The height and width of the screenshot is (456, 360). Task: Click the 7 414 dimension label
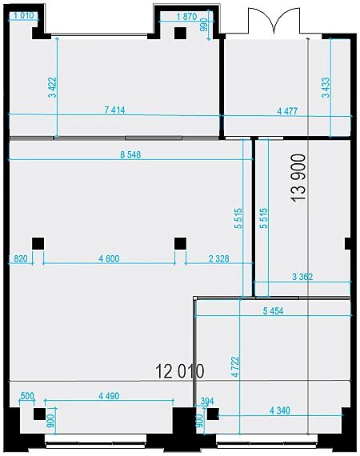pyautogui.click(x=114, y=110)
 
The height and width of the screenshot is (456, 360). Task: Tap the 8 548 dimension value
pyautogui.click(x=130, y=154)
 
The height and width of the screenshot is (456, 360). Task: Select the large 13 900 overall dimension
pyautogui.click(x=298, y=178)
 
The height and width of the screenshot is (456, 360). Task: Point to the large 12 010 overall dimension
pyautogui.click(x=180, y=371)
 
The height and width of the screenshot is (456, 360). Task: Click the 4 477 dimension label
pyautogui.click(x=287, y=111)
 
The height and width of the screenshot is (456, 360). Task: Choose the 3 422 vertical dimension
pyautogui.click(x=52, y=87)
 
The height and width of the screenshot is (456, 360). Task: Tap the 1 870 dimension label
pyautogui.click(x=186, y=17)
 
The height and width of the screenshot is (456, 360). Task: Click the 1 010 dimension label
pyautogui.click(x=23, y=15)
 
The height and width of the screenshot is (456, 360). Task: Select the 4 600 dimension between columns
pyautogui.click(x=109, y=258)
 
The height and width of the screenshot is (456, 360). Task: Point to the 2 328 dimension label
pyautogui.click(x=218, y=258)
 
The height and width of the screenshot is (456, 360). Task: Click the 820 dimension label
pyautogui.click(x=20, y=258)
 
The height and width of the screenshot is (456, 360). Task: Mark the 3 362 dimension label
pyautogui.click(x=302, y=277)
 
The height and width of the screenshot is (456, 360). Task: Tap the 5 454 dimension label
pyautogui.click(x=273, y=311)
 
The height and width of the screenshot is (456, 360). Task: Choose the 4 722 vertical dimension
pyautogui.click(x=235, y=367)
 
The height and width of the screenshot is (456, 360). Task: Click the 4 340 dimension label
pyautogui.click(x=280, y=410)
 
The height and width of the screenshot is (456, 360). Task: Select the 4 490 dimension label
pyautogui.click(x=109, y=396)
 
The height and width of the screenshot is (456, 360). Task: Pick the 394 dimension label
pyautogui.click(x=207, y=402)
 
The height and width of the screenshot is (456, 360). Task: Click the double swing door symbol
pyautogui.click(x=274, y=20)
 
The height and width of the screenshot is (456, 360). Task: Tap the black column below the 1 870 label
pyautogui.click(x=180, y=33)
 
